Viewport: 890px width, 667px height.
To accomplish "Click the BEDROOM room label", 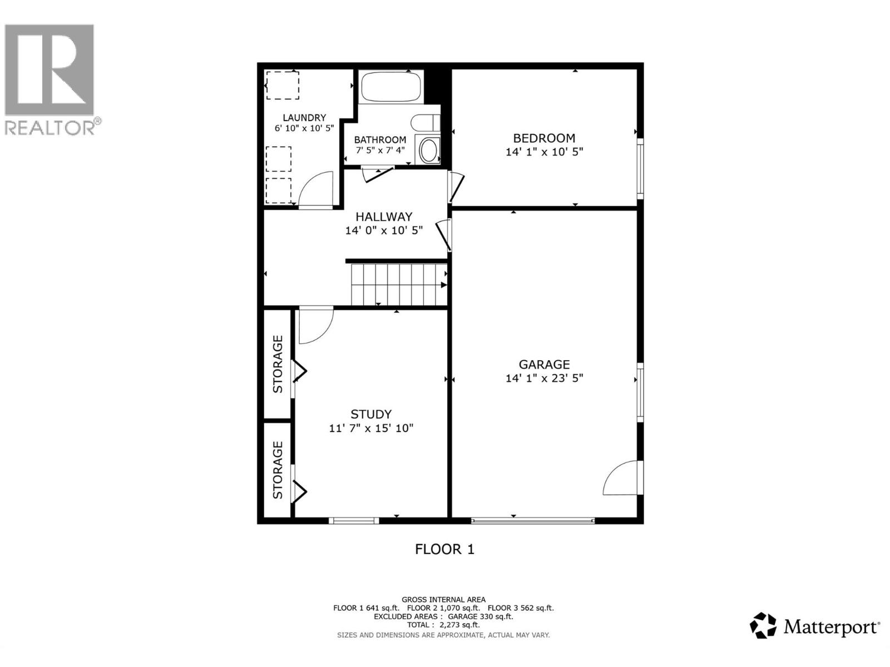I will pyautogui.click(x=543, y=138).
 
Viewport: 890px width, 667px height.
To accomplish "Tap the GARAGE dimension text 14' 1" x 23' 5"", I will pyautogui.click(x=543, y=379).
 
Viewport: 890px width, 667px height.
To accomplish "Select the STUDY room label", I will pyautogui.click(x=370, y=414).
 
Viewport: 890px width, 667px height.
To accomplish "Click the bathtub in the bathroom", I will pyautogui.click(x=390, y=88).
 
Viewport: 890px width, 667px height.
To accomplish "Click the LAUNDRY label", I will pyautogui.click(x=304, y=118).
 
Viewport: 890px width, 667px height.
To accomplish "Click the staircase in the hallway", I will pyautogui.click(x=398, y=284).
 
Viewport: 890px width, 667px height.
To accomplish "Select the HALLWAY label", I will pyautogui.click(x=384, y=217).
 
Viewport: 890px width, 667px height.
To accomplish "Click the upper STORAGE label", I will pyautogui.click(x=278, y=364).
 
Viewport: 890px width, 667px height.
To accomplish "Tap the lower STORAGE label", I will pyautogui.click(x=278, y=470).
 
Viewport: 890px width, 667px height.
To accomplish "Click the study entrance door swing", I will pyautogui.click(x=314, y=325).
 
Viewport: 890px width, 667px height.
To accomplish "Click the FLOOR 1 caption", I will pyautogui.click(x=444, y=549).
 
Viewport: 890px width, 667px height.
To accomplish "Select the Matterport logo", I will pyautogui.click(x=815, y=627).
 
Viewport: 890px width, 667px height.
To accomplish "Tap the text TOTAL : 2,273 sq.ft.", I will pyautogui.click(x=443, y=625).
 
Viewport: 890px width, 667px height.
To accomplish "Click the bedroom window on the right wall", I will pyautogui.click(x=640, y=168).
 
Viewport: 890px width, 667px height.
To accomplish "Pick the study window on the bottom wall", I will pyautogui.click(x=354, y=521).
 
